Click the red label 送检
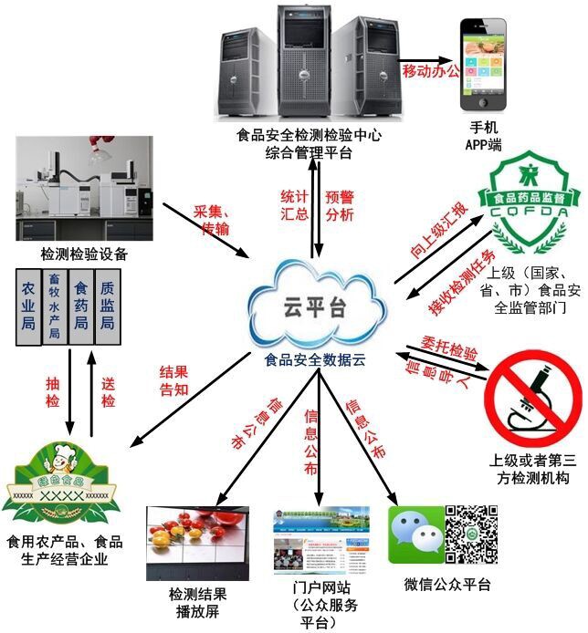tap(110, 385)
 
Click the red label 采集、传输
tap(213, 219)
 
